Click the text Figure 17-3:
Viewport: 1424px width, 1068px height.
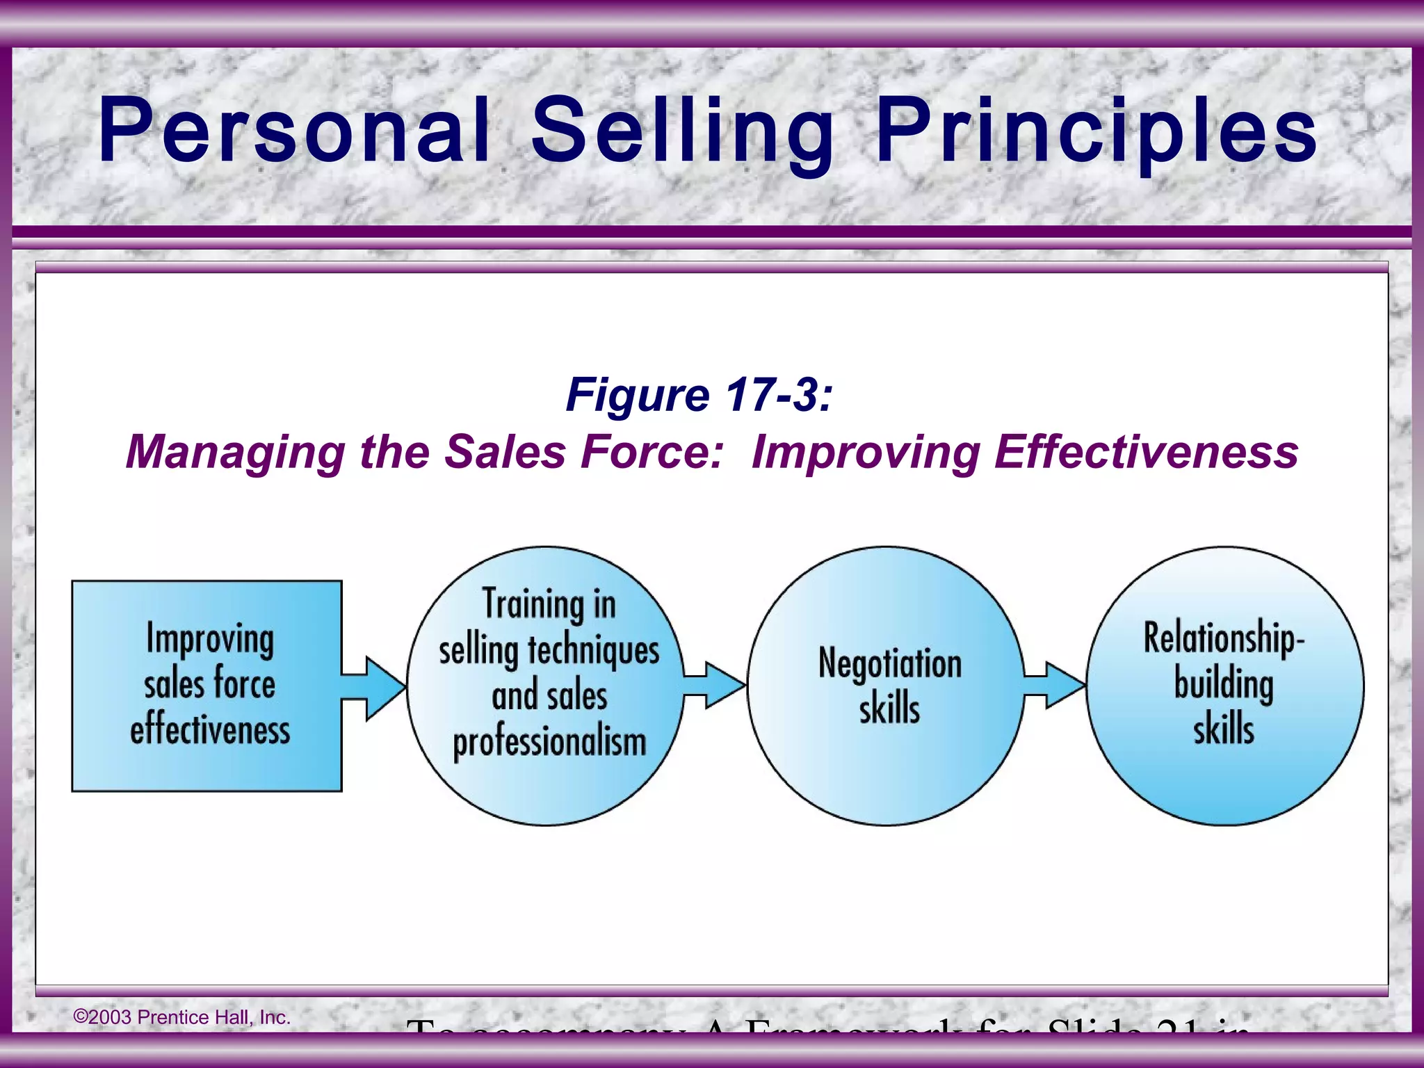699,395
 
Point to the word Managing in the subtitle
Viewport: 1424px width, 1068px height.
235,453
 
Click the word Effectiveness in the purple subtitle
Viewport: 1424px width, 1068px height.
1146,452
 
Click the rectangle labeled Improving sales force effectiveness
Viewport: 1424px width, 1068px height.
207,686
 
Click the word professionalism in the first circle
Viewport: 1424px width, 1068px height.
549,743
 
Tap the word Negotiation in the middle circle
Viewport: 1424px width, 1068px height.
890,662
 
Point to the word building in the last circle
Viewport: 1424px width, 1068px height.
1224,684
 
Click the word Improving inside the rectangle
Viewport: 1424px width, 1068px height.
210,639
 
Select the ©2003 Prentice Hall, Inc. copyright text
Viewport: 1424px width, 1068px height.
181,1017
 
